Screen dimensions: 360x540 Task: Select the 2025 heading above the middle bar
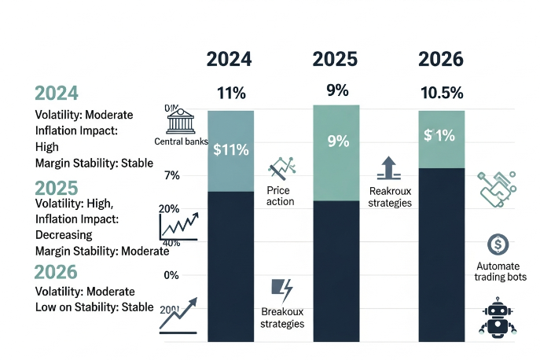pyautogui.click(x=336, y=59)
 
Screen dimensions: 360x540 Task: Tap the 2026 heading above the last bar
pyautogui.click(x=441, y=59)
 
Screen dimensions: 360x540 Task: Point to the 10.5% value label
pyautogui.click(x=441, y=93)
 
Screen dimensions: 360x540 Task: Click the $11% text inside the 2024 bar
pyautogui.click(x=230, y=150)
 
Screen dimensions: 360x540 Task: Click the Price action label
pyautogui.click(x=281, y=196)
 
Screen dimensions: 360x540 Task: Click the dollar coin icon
pyautogui.click(x=497, y=244)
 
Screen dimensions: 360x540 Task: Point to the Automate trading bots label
pyautogui.click(x=501, y=271)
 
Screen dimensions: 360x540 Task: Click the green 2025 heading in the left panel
pyautogui.click(x=56, y=188)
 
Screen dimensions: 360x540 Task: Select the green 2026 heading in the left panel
pyautogui.click(x=56, y=272)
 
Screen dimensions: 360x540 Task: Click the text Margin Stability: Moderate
pyautogui.click(x=97, y=252)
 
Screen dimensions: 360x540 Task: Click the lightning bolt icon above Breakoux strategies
pyautogui.click(x=281, y=288)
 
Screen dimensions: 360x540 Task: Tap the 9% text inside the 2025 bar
pyautogui.click(x=336, y=142)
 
